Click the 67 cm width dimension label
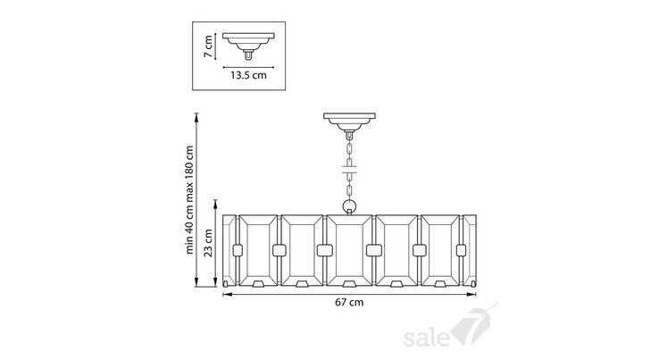click(349, 303)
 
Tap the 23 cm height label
click(208, 243)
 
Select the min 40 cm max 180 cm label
click(189, 200)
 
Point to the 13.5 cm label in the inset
click(248, 75)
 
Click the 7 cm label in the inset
click(208, 46)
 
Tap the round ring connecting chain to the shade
click(349, 206)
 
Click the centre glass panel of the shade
click(349, 250)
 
